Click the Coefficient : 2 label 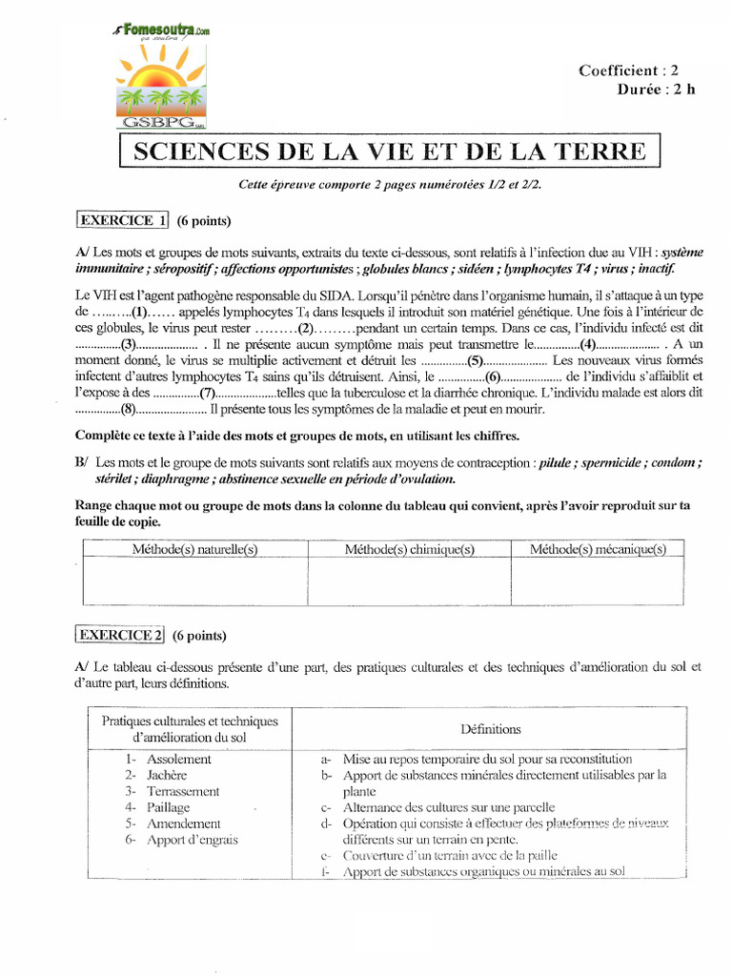click(x=628, y=70)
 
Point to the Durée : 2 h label click(x=656, y=90)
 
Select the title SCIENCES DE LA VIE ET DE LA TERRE click(x=389, y=152)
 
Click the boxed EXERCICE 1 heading click(x=121, y=221)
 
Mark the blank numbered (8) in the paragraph click(x=127, y=409)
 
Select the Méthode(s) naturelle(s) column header click(x=195, y=549)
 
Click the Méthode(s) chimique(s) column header click(x=409, y=549)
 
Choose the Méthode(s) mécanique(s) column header click(x=598, y=549)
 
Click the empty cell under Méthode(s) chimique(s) click(x=409, y=581)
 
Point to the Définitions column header click(x=490, y=729)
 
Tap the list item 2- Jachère click(x=153, y=775)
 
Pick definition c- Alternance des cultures click(x=434, y=807)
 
